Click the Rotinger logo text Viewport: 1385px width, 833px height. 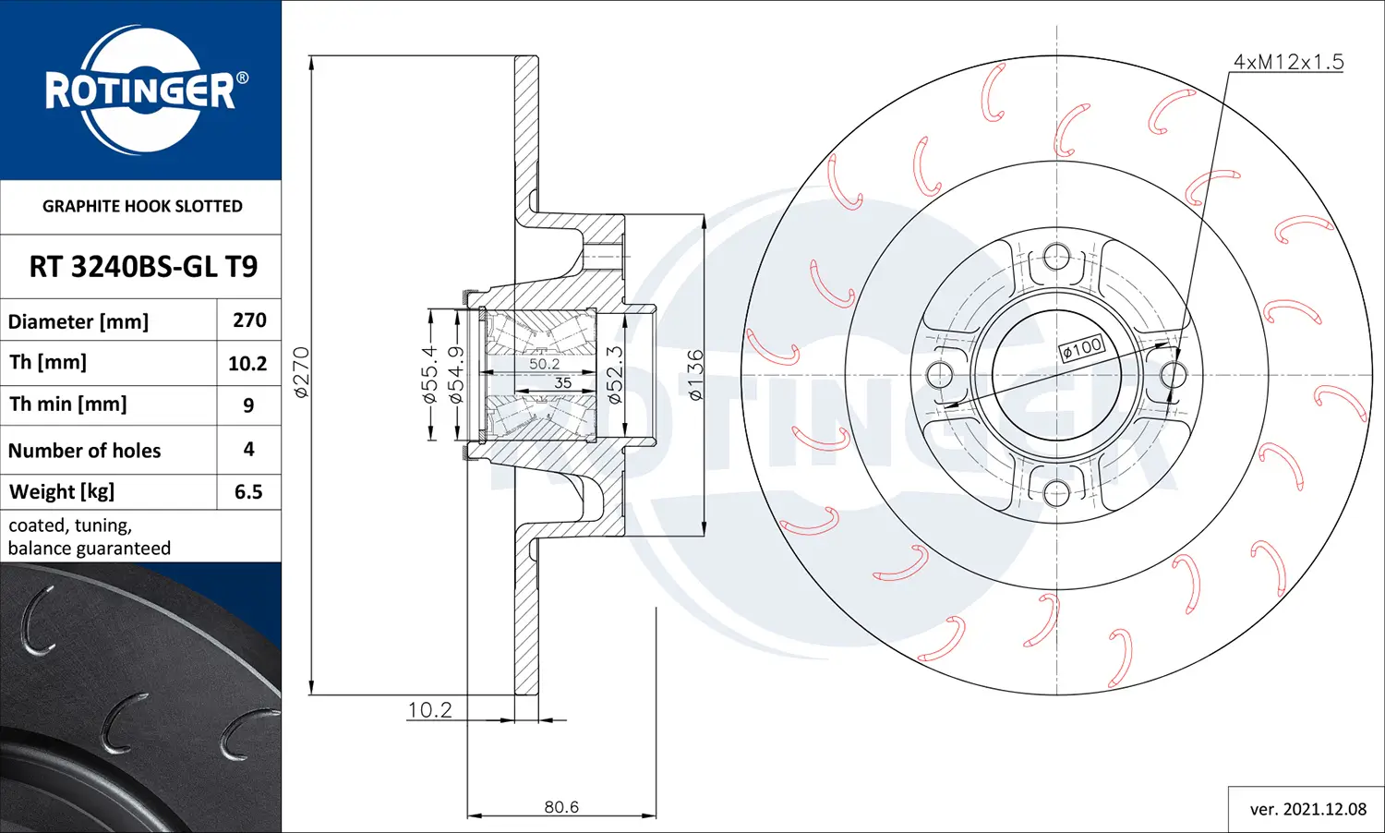pyautogui.click(x=140, y=91)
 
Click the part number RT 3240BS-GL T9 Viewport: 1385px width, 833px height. pyautogui.click(x=143, y=267)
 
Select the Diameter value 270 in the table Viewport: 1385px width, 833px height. pyautogui.click(x=249, y=320)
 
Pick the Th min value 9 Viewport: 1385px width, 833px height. pyautogui.click(x=248, y=405)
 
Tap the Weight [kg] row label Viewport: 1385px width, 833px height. pyautogui.click(x=62, y=491)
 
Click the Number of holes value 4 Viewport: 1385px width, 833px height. pyautogui.click(x=248, y=449)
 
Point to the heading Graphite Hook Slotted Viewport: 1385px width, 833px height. pyautogui.click(x=142, y=206)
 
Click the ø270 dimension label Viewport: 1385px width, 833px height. pyautogui.click(x=301, y=372)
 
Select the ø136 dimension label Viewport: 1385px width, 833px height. pyautogui.click(x=695, y=374)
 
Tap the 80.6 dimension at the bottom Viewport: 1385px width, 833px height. pyautogui.click(x=561, y=806)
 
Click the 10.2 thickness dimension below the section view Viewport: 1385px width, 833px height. pyautogui.click(x=429, y=709)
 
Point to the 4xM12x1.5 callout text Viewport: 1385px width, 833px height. pyautogui.click(x=1288, y=62)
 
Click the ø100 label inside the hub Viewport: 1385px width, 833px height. pyautogui.click(x=1081, y=348)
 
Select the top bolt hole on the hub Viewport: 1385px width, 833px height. pyautogui.click(x=1056, y=257)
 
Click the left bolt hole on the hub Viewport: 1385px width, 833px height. pyautogui.click(x=939, y=375)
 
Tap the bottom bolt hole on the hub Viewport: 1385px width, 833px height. pyautogui.click(x=1056, y=492)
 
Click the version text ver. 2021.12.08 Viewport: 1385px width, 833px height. pyautogui.click(x=1307, y=809)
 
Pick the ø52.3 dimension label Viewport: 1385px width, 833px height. pyautogui.click(x=615, y=375)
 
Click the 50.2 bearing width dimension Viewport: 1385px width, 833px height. pyautogui.click(x=544, y=364)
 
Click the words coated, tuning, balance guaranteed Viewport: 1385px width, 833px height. pyautogui.click(x=90, y=537)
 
